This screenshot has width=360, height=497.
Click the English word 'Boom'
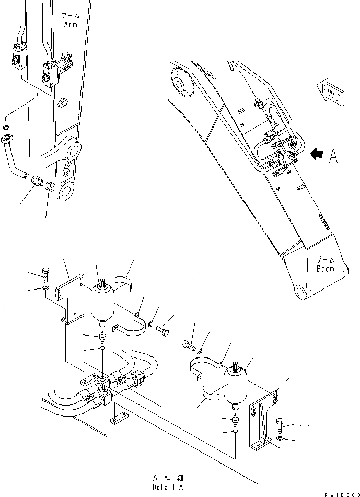coord(325,269)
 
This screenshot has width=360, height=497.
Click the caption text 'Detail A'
coord(168,487)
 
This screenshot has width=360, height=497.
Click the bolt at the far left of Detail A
coord(45,274)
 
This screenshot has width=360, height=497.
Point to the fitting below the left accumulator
coord(102,332)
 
